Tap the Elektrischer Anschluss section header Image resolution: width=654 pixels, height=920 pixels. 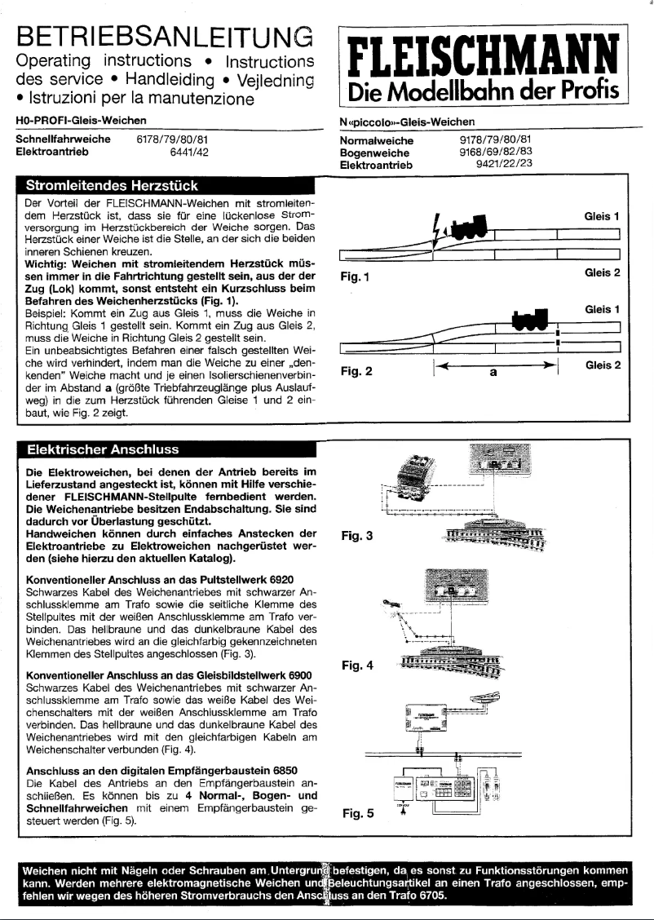coord(103,449)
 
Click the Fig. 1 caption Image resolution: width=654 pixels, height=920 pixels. coord(357,276)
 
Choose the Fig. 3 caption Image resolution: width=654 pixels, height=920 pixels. coord(356,537)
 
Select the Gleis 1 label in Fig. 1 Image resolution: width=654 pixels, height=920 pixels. coord(603,217)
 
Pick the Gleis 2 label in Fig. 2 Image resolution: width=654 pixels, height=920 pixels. coord(603,365)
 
